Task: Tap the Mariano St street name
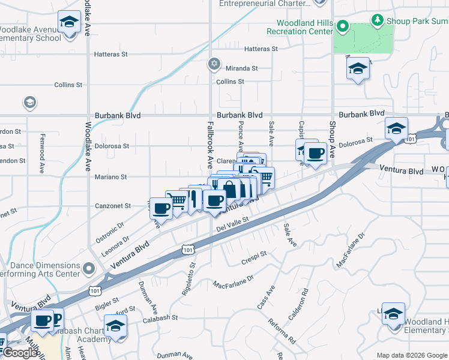(111, 177)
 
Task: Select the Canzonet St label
(113, 206)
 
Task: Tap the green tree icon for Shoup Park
(378, 20)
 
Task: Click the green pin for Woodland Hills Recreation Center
(342, 26)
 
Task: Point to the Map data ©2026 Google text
(412, 355)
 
